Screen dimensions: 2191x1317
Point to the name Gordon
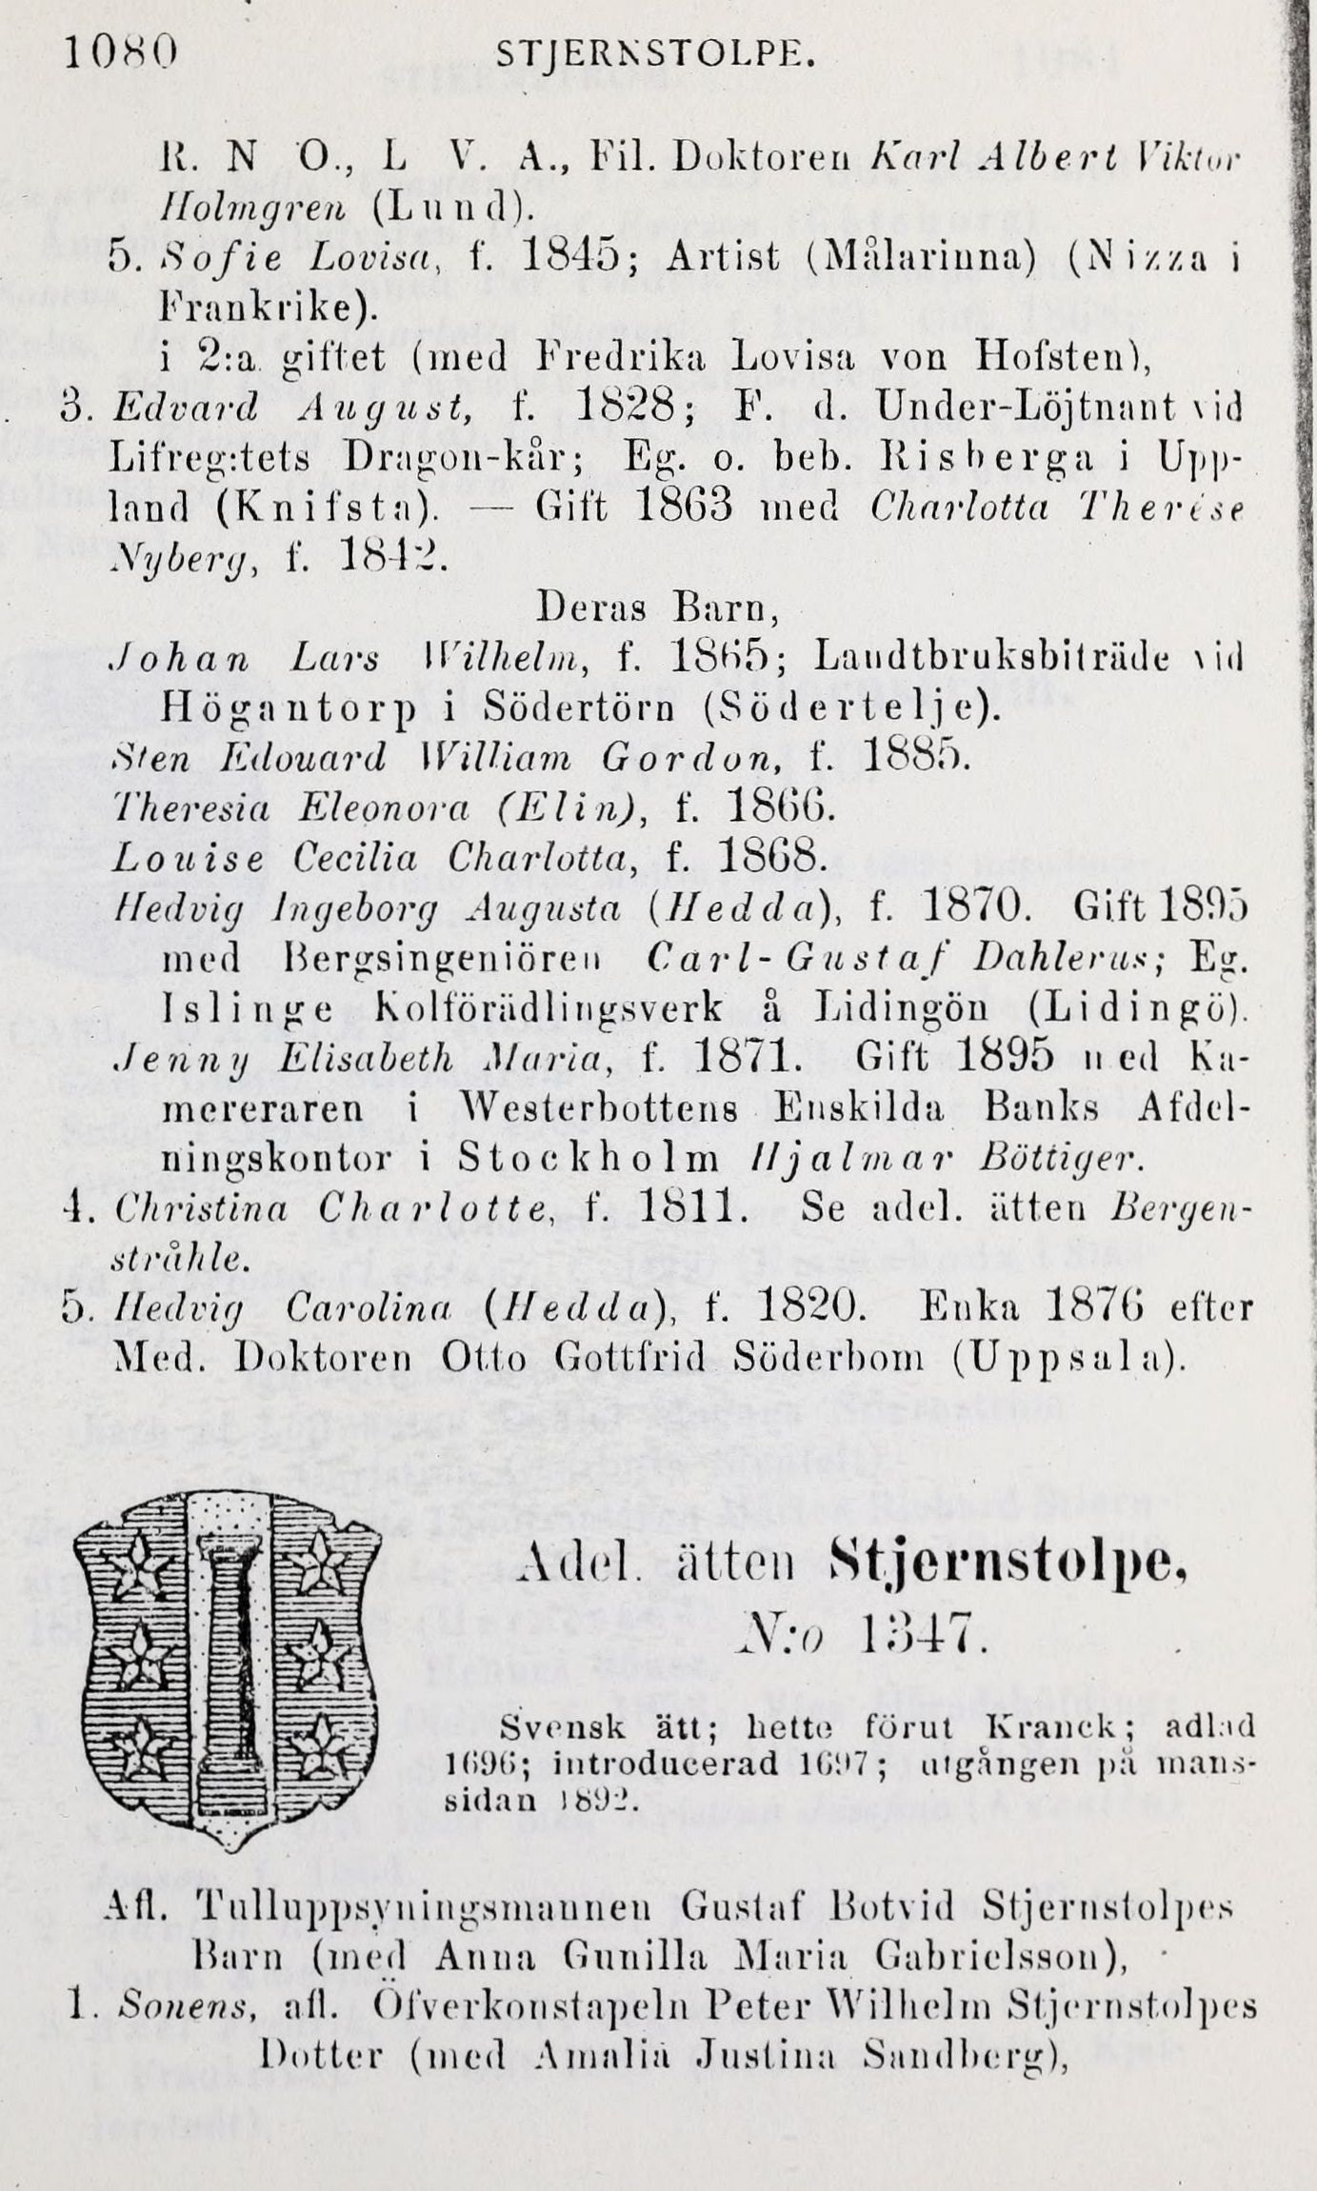[x=692, y=758]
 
